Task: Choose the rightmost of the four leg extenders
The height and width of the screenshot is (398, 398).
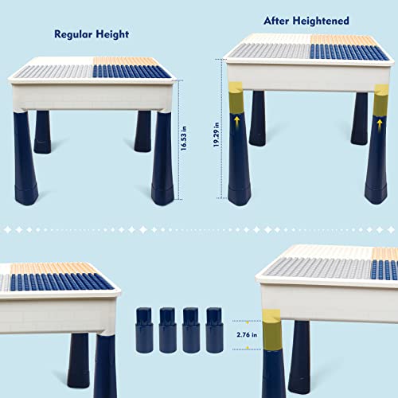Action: [213, 326]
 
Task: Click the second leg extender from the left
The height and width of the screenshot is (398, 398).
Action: [168, 326]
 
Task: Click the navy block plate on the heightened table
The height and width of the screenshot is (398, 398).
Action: [349, 53]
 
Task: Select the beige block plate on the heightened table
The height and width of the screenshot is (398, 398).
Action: [342, 40]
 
